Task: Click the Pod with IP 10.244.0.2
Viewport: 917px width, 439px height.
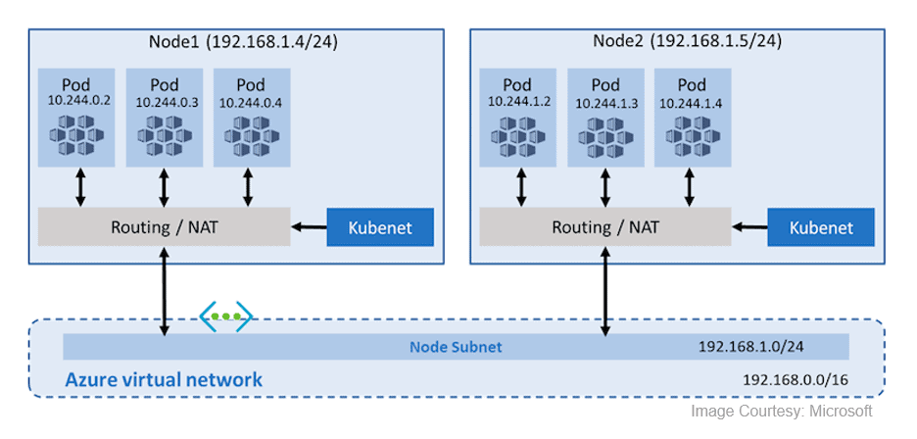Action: click(76, 118)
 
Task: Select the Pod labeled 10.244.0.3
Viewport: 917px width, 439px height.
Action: click(164, 118)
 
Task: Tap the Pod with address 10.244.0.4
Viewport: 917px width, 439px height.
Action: click(250, 118)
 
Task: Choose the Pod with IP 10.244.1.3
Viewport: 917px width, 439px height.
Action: click(605, 118)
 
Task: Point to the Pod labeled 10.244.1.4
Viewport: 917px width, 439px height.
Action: click(692, 118)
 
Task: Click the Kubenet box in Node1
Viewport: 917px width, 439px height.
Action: click(380, 227)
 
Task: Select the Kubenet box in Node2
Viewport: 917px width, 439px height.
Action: click(821, 227)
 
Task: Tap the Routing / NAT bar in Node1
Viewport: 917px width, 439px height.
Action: click(164, 227)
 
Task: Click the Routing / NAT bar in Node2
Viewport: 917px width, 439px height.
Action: click(605, 227)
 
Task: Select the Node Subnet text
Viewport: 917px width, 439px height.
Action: click(456, 347)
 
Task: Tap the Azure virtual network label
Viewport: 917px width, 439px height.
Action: click(164, 379)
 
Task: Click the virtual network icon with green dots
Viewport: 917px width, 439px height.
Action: click(226, 317)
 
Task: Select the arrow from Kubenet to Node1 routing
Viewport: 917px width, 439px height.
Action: click(308, 227)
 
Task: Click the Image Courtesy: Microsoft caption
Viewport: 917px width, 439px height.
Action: click(781, 412)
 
